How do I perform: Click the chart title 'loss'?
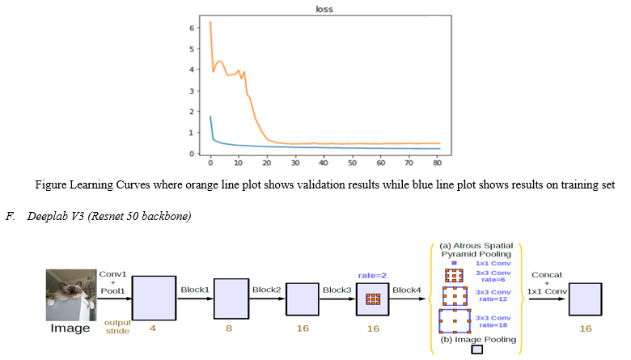324,9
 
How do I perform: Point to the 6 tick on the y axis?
192,28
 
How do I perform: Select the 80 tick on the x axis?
437,163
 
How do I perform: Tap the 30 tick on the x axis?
295,163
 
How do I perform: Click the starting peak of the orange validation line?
210,22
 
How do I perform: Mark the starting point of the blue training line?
210,116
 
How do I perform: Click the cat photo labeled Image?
71,294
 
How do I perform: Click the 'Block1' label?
195,290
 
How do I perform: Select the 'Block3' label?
337,290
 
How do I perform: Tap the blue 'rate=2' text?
372,276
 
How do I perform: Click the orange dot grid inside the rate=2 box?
373,299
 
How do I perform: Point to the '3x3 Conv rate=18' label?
493,321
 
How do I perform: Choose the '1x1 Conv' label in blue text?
493,264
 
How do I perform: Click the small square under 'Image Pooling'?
476,349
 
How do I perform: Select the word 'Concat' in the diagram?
547,275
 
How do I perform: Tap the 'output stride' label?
117,327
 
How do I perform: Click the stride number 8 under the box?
229,328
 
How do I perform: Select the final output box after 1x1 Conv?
585,299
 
